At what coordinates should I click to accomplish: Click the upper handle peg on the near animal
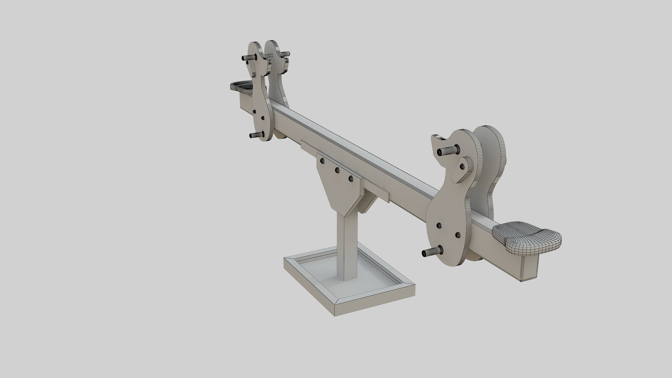pyautogui.click(x=447, y=151)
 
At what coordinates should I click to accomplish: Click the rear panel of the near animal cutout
pyautogui.click(x=488, y=168)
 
